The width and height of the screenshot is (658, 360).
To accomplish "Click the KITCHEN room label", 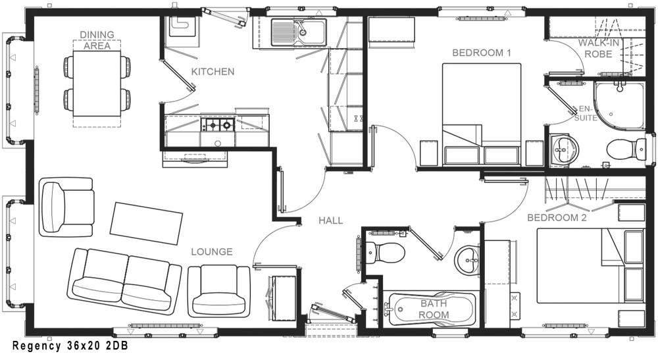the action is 213,72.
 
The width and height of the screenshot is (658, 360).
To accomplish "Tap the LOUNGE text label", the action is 212,252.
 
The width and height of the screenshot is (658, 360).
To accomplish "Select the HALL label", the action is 331,220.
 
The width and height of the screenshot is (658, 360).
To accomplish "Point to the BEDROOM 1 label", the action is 482,53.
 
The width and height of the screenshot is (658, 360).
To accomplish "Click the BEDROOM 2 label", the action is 557,218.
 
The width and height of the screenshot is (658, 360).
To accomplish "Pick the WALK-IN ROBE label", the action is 598,48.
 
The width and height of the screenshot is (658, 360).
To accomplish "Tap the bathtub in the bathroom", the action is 432,309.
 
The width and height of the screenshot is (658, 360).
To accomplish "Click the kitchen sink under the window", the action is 298,32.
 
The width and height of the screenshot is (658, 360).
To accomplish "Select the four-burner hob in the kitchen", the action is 217,124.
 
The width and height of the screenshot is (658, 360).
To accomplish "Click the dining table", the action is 97,84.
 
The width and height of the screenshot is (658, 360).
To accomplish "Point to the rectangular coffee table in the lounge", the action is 146,223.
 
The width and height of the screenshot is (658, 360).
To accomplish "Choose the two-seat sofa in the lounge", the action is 124,281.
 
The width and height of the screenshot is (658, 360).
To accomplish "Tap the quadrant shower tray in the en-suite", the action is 619,106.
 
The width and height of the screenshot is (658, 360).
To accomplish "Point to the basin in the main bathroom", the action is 467,261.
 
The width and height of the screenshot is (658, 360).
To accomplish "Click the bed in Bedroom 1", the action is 482,114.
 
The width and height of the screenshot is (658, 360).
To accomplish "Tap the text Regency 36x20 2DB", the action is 70,346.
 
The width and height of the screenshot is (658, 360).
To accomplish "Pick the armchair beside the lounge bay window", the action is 66,207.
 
